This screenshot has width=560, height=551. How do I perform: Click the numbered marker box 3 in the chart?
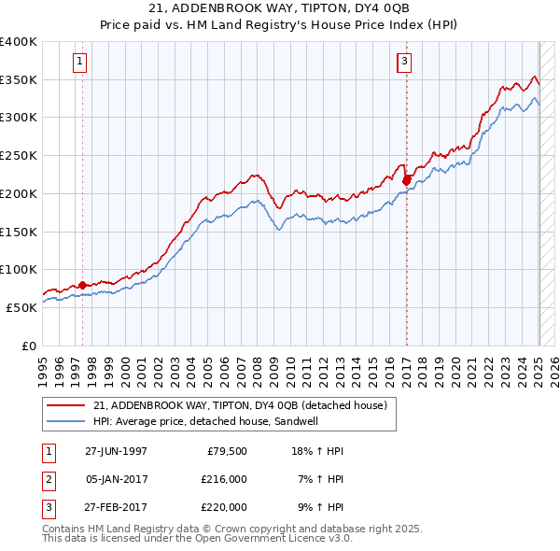coord(404,63)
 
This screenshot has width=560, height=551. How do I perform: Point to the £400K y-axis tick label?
coord(19,42)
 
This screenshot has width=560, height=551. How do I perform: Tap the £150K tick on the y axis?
coord(19,232)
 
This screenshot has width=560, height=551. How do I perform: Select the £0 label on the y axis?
coord(28,346)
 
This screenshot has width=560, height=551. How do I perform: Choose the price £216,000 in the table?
coord(223,479)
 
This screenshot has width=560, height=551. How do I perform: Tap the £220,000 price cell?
coord(223,507)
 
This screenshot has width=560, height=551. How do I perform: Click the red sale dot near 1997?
coord(82,285)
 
